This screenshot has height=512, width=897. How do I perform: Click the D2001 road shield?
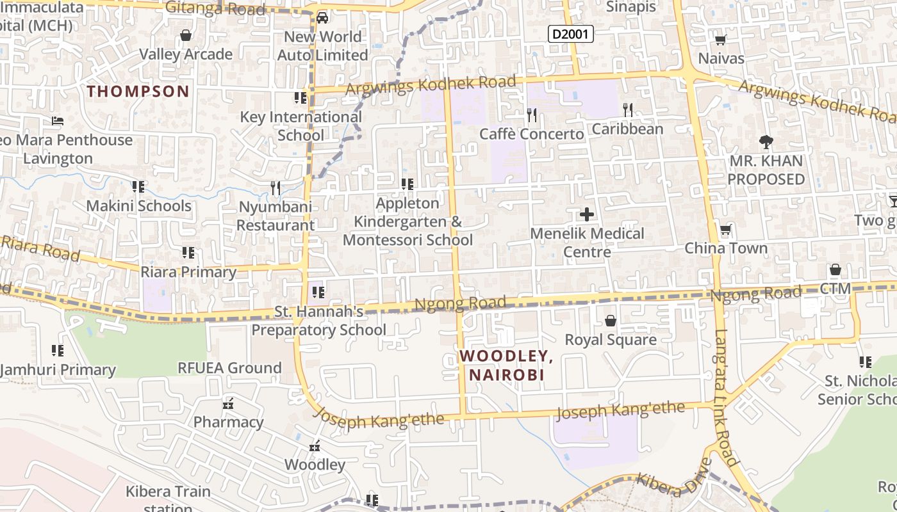[571, 34]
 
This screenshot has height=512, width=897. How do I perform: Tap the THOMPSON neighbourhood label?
[138, 91]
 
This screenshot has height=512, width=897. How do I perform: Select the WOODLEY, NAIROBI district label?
[506, 365]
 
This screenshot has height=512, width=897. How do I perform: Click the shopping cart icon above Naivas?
[720, 40]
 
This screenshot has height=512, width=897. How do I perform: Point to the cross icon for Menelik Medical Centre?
[586, 214]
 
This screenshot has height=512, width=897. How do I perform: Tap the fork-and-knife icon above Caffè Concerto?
[531, 115]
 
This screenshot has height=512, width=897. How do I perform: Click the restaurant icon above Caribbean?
[627, 110]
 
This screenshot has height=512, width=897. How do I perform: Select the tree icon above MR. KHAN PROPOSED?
[766, 141]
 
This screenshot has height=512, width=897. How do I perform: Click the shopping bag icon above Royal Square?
[611, 320]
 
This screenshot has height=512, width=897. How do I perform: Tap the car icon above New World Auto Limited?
[322, 17]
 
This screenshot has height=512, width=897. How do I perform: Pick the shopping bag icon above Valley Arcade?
[186, 35]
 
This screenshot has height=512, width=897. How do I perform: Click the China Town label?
[726, 248]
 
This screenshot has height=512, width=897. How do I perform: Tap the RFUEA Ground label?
[229, 367]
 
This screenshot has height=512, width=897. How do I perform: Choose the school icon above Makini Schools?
[138, 187]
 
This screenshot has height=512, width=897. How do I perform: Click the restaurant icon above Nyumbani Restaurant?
[276, 188]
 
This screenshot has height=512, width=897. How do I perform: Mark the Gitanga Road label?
[215, 8]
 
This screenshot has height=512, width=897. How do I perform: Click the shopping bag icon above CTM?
[835, 269]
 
